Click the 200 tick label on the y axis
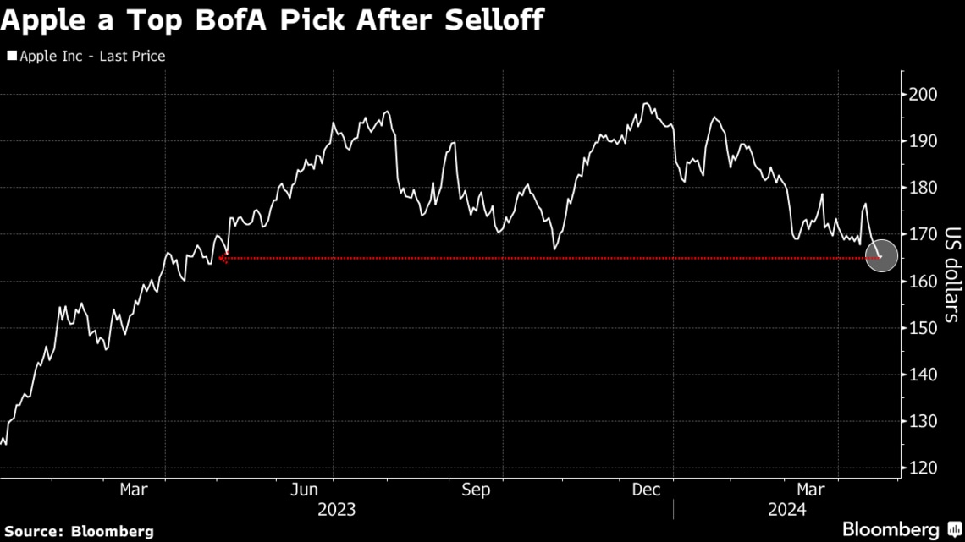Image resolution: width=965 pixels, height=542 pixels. coord(922,94)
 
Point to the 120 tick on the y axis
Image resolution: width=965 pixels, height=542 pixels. coord(922,468)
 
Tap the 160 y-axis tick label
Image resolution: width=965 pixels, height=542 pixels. coord(922,282)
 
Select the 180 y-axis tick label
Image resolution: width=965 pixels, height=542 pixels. coord(922,188)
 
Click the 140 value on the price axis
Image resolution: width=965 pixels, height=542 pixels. coord(922,375)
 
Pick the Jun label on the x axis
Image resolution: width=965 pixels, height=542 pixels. coord(304,490)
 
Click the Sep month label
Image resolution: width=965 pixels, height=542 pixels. coord(476,490)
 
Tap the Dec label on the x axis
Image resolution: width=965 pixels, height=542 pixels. coord(647,490)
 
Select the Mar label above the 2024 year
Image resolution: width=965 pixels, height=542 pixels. coord(812,490)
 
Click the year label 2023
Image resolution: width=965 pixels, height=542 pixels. coord(336,510)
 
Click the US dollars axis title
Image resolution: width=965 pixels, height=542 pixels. coord(951,275)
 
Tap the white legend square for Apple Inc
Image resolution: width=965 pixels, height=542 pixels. coord(12,57)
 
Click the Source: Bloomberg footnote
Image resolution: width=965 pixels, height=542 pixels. coord(77,531)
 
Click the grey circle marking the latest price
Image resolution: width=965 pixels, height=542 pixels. coord(881,256)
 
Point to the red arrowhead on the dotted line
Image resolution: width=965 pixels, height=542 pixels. coord(223,259)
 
